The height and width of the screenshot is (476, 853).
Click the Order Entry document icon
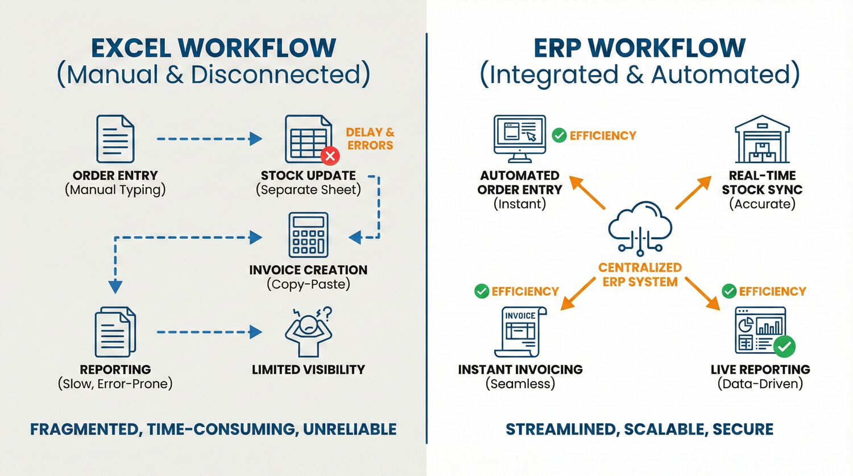click(115, 139)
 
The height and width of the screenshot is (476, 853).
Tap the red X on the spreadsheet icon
click(330, 156)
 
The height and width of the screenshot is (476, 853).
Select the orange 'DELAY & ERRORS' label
click(370, 139)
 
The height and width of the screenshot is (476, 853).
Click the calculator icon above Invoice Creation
click(308, 235)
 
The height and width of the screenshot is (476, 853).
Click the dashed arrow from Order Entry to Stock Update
click(209, 139)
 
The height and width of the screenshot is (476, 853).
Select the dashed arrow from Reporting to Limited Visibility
click(209, 332)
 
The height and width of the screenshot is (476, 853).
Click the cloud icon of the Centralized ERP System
click(640, 227)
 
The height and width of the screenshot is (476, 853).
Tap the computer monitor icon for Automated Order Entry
click(520, 139)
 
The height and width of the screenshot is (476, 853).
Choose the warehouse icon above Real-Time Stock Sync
click(762, 139)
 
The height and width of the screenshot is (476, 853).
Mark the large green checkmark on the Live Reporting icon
click(785, 346)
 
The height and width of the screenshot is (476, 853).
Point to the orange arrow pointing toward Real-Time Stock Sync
click(694, 192)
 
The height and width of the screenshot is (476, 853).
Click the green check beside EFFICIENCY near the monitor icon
click(560, 135)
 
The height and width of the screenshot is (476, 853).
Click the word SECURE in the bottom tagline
click(743, 429)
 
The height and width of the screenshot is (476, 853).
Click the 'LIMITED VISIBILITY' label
click(308, 370)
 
